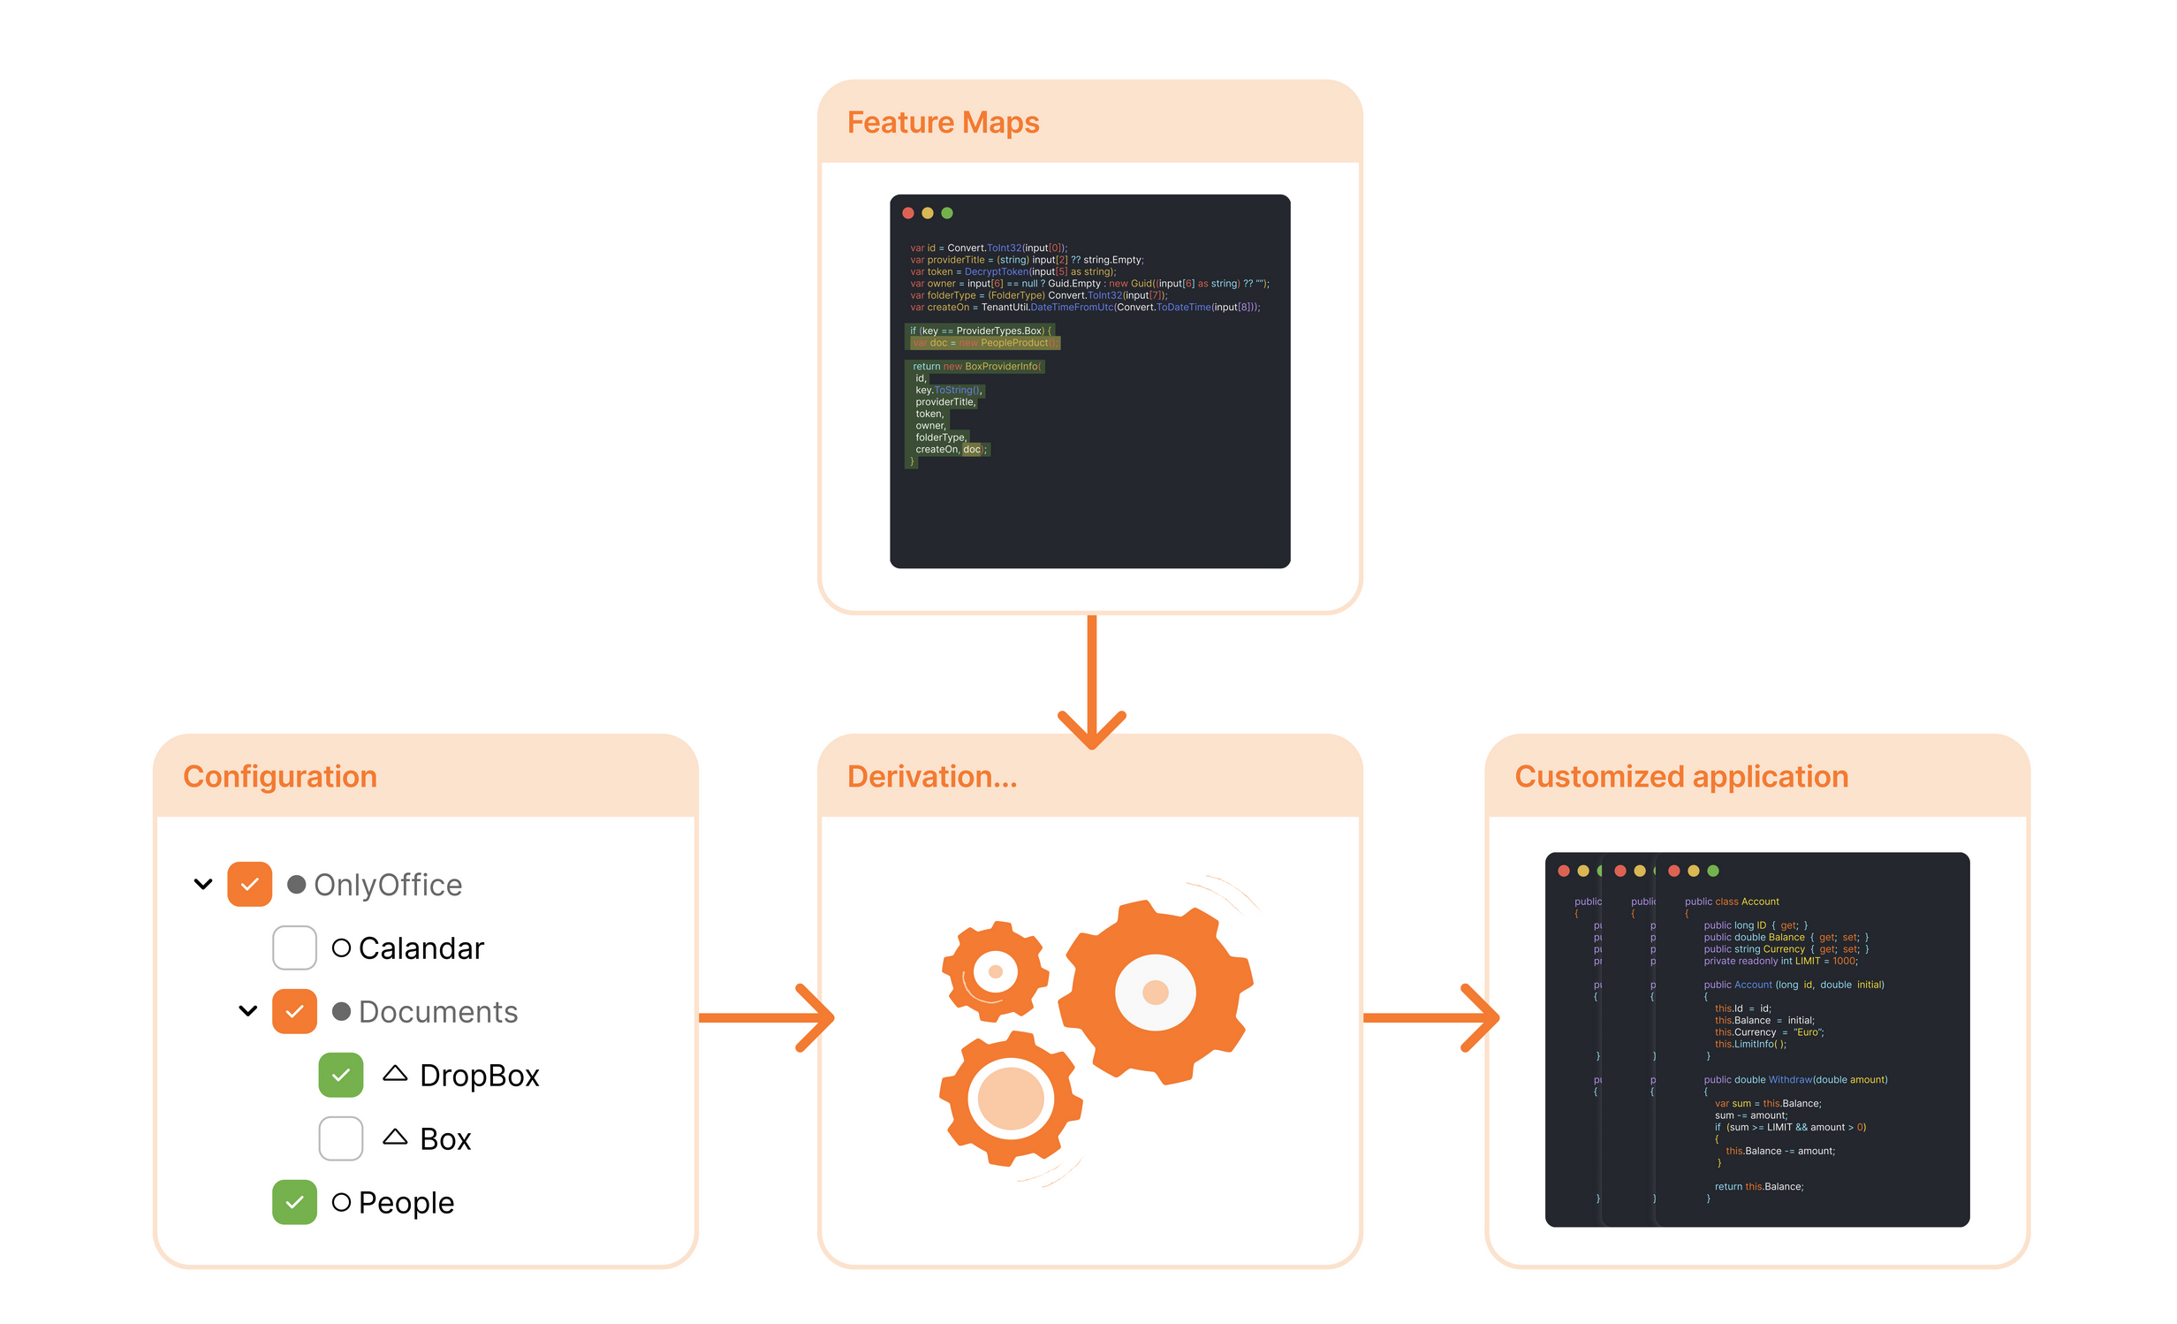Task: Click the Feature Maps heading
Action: pos(943,123)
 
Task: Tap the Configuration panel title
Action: pos(280,777)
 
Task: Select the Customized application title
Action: pos(1681,777)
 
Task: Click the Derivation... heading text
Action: pos(932,777)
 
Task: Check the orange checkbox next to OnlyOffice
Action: pos(250,885)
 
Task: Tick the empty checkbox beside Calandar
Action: pos(295,948)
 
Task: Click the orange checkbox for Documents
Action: pos(295,1012)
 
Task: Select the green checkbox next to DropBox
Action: pos(341,1076)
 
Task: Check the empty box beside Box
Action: pos(341,1139)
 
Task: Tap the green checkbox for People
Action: pos(295,1203)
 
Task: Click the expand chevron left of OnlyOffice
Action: pos(203,885)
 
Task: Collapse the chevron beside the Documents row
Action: pos(248,1011)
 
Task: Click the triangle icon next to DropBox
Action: pos(395,1074)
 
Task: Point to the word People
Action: pos(406,1203)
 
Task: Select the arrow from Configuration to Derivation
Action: pos(765,1018)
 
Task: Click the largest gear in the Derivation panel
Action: pos(1156,992)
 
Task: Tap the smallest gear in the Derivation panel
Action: pos(996,972)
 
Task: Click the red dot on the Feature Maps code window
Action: pos(908,213)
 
